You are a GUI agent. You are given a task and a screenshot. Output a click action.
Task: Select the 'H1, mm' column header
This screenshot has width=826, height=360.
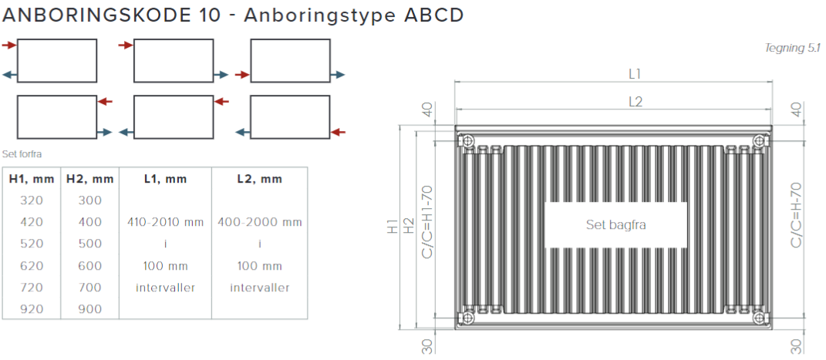[32, 179]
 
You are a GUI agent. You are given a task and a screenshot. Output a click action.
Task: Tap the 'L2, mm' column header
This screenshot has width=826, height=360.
[260, 179]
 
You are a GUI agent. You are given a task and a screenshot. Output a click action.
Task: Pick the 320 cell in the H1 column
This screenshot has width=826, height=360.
[32, 200]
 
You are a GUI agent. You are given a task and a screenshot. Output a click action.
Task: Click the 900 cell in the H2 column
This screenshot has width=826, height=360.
[89, 309]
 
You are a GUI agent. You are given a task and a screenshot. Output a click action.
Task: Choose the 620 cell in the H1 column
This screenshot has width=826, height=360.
[32, 266]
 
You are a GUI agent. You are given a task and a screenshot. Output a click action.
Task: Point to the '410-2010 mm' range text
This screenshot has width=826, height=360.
[166, 222]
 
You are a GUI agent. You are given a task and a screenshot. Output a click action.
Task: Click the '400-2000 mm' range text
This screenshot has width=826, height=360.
[260, 222]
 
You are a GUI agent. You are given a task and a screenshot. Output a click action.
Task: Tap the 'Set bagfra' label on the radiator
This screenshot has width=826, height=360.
[615, 225]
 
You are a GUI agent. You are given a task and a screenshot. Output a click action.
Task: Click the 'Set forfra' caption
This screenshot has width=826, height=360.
[22, 154]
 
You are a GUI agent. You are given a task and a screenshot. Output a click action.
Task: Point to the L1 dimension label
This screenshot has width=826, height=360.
[635, 74]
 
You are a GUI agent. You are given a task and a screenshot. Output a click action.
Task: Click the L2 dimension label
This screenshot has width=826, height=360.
[635, 101]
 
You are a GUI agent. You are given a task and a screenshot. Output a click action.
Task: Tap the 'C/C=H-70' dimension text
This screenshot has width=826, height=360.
[797, 214]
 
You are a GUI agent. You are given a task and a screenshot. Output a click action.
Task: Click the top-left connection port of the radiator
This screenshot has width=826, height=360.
[468, 140]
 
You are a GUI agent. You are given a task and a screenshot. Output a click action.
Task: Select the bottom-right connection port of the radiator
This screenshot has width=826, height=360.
[760, 316]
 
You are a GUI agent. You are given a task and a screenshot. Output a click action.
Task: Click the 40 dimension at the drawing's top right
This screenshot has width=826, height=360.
[797, 110]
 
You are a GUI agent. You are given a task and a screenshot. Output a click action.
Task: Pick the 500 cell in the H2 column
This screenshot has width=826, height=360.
[89, 244]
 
